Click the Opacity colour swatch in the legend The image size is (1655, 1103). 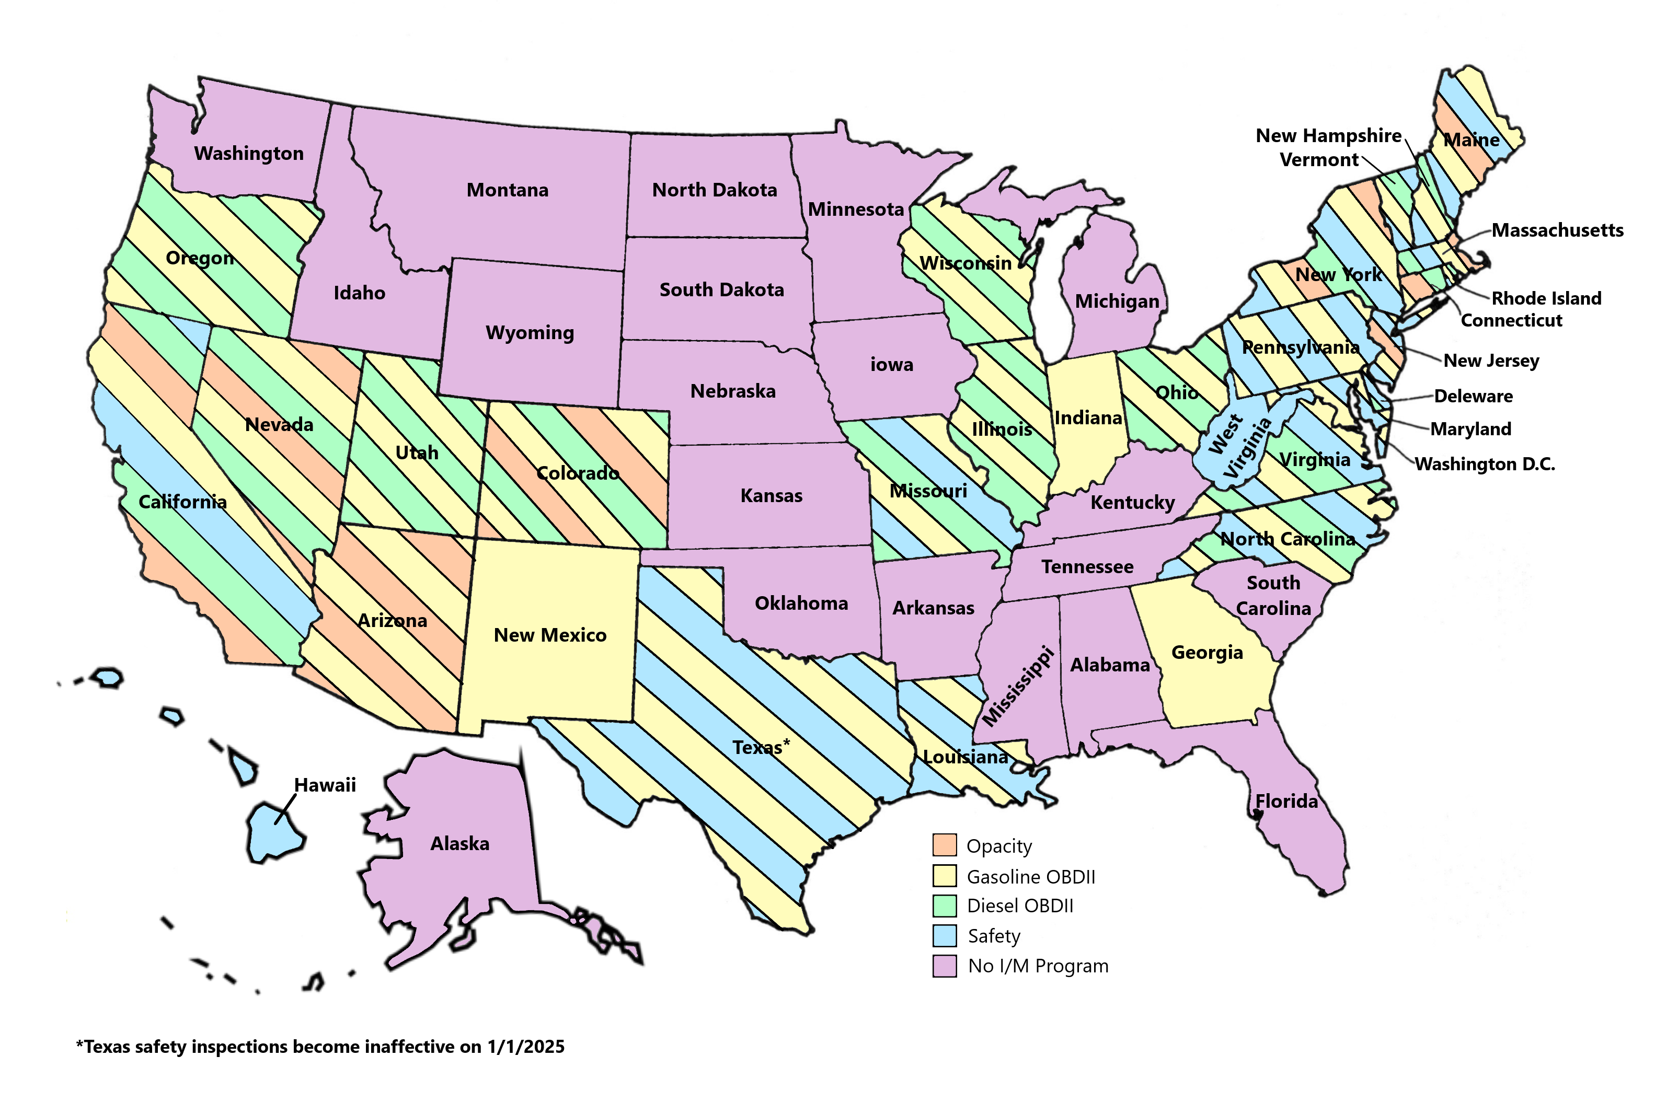944,845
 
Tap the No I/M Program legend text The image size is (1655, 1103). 1038,966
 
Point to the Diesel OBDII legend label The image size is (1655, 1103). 1020,906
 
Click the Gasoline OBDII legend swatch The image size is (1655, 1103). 944,876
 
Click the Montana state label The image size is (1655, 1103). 508,190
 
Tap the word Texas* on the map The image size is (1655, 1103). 761,747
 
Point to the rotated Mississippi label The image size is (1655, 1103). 1018,687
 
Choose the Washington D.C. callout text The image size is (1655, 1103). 1485,465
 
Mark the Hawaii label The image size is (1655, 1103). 325,785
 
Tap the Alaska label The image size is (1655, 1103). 459,843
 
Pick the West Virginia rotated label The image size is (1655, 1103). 1239,447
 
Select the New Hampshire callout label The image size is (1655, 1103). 1328,136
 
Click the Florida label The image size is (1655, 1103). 1286,801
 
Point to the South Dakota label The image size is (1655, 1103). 721,290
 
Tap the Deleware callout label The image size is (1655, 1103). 1474,396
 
